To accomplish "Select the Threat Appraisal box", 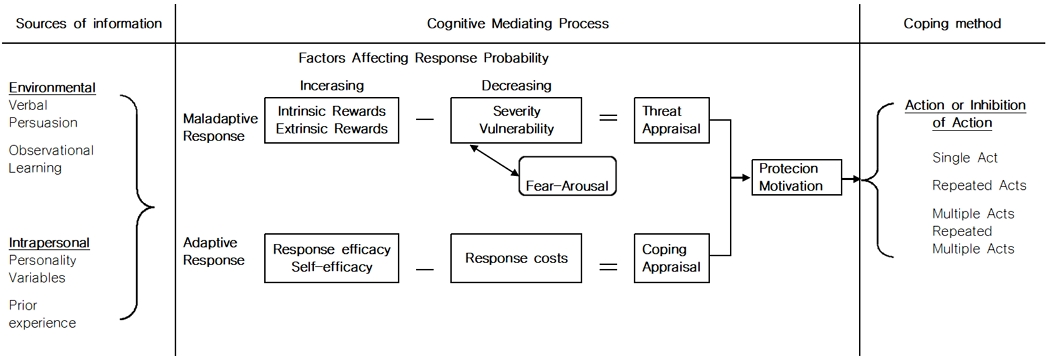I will coord(668,119).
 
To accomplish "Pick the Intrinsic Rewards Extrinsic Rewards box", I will coord(331,119).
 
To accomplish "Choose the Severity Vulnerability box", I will coord(517,119).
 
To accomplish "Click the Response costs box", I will coord(517,258).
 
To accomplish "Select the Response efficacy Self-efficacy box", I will coord(331,259).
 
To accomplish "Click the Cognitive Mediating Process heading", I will coord(517,23).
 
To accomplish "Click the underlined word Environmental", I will coord(51,88).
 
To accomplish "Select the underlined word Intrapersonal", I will coord(49,243).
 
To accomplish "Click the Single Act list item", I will coord(964,158).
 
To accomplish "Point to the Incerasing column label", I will coord(332,85).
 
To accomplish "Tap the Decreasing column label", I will coord(516,85).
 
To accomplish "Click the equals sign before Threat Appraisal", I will coord(607,119).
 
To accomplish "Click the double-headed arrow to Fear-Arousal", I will coord(492,159).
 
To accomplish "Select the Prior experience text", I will coord(42,314).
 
